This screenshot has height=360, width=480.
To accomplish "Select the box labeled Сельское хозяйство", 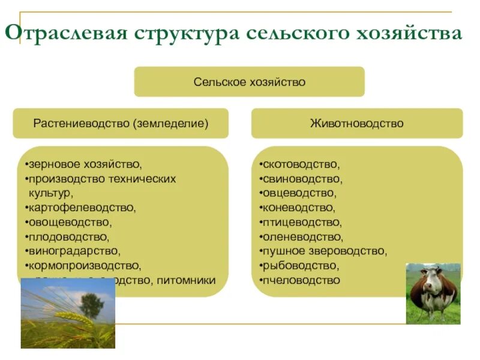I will pyautogui.click(x=249, y=82).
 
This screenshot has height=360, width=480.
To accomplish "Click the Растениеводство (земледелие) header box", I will pyautogui.click(x=121, y=124).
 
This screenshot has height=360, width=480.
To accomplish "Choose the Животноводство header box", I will pyautogui.click(x=356, y=124).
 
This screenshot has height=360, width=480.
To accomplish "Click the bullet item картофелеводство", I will pyautogui.click(x=82, y=208).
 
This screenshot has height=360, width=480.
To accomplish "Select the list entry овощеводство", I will pyautogui.click(x=70, y=222).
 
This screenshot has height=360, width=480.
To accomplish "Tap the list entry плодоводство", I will pyautogui.click(x=68, y=237).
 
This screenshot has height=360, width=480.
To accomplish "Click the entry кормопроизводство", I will pyautogui.click(x=84, y=266).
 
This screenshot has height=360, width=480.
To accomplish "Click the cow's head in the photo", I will pyautogui.click(x=431, y=282).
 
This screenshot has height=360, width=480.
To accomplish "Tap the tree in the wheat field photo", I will pyautogui.click(x=91, y=304).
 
